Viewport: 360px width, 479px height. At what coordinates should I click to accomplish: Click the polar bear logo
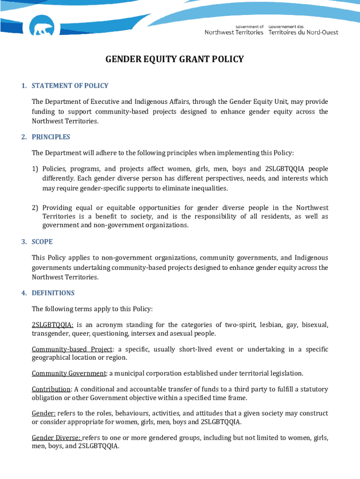[41, 29]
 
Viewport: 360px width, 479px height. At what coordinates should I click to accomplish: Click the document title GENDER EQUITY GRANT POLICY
[174, 59]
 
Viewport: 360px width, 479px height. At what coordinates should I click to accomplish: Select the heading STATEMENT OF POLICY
[70, 86]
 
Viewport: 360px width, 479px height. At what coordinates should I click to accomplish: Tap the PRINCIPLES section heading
[51, 137]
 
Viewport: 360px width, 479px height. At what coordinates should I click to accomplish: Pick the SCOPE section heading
[42, 242]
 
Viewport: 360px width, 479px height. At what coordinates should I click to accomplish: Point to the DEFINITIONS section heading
[53, 293]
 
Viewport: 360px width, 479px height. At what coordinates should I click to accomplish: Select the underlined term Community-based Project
[72, 349]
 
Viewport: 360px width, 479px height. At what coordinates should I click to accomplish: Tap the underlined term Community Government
[69, 373]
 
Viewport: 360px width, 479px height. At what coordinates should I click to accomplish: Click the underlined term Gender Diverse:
[57, 438]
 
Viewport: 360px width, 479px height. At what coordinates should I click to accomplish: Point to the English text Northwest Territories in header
[234, 32]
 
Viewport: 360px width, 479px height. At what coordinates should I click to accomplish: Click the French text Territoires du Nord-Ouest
[303, 32]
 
